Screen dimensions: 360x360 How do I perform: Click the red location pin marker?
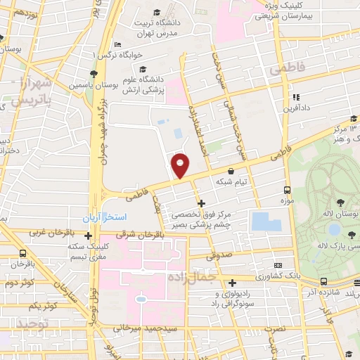point(181,165)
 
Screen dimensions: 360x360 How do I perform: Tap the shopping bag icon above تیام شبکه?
point(231,171)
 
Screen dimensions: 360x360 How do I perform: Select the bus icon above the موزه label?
point(286,190)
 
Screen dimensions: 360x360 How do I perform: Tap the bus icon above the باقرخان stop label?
point(23,254)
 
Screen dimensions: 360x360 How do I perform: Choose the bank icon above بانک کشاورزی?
point(278,265)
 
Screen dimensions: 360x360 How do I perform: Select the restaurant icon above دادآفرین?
point(296,97)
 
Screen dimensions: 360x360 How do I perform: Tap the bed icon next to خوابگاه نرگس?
point(116,44)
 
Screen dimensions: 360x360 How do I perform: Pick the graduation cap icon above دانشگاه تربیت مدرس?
point(162,12)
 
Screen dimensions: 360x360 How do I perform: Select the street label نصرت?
point(279,328)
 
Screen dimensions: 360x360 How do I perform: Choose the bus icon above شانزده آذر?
point(323,282)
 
